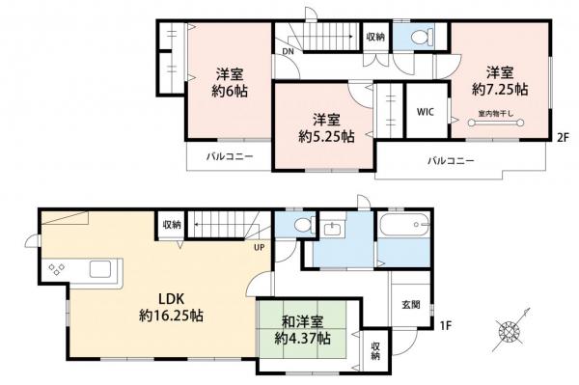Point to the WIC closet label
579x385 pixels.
point(425,112)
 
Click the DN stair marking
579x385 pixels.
point(288,50)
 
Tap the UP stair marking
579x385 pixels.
point(260,246)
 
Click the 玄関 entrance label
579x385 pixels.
point(411,304)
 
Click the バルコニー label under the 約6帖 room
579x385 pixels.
point(228,155)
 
